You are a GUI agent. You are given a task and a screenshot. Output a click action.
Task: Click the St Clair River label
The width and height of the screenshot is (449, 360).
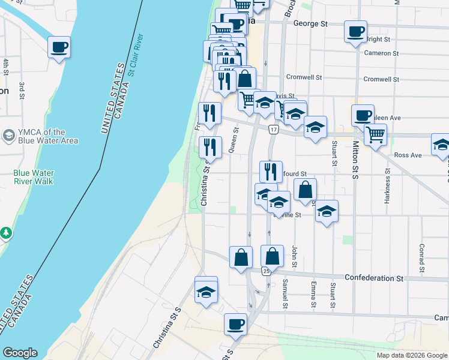(136, 55)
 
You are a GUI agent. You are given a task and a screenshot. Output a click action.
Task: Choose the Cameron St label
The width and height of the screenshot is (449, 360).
(381, 53)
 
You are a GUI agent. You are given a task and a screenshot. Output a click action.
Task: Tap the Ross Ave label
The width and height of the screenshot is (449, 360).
(408, 155)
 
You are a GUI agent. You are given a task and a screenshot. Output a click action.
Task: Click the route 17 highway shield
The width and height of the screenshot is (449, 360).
(274, 130)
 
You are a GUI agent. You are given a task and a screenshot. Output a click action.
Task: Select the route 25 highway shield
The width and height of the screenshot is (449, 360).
(266, 271)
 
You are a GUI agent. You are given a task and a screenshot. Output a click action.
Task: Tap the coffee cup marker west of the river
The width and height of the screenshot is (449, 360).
(59, 47)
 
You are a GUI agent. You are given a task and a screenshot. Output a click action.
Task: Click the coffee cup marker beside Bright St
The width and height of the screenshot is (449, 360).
(355, 31)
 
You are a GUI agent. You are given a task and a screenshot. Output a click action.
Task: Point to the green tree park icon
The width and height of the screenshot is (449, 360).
(5, 232)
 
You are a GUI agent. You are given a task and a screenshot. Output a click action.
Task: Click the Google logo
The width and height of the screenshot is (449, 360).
(20, 353)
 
